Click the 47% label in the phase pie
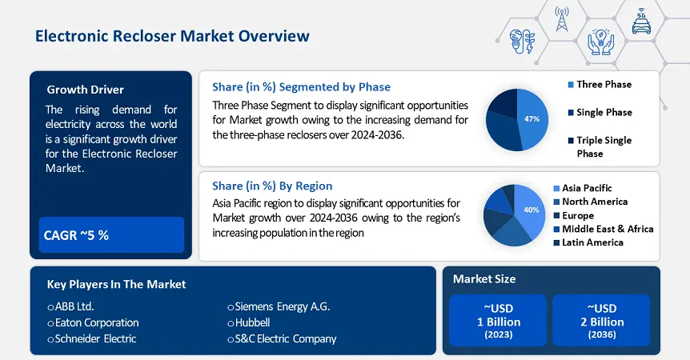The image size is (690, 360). (x=532, y=118)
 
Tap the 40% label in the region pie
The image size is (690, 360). (x=532, y=210)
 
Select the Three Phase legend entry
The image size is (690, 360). (x=600, y=84)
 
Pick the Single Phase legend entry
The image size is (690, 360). (x=600, y=113)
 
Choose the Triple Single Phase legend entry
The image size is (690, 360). (x=600, y=147)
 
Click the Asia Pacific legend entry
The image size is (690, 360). (x=583, y=188)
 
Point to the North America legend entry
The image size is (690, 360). (x=591, y=202)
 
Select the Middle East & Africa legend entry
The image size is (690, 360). (x=604, y=229)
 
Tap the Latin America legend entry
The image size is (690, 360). (x=588, y=242)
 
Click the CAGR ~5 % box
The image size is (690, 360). (x=111, y=234)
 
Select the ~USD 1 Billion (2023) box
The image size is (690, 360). (x=498, y=321)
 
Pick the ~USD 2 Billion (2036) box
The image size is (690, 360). (x=602, y=321)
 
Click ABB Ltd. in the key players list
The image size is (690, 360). (x=71, y=306)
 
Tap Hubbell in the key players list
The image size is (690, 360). (x=249, y=322)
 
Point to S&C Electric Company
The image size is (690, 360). (x=282, y=339)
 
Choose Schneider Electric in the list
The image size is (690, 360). (x=92, y=339)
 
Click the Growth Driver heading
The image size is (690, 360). (x=86, y=90)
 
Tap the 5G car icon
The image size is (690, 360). (x=641, y=21)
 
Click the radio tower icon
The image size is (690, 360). (x=561, y=19)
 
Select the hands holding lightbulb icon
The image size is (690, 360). (x=600, y=42)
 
